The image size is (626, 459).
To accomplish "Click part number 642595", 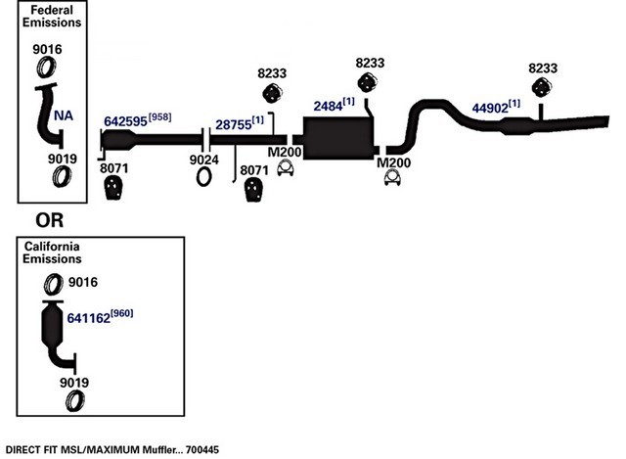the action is point(125,121).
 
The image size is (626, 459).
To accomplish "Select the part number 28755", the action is point(234,124).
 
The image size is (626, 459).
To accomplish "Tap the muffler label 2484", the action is point(328,107).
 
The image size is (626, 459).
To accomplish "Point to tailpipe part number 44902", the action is point(490,108).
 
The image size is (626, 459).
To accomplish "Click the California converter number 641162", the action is point(89,318).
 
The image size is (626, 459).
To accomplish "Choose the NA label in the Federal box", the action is point(64,115).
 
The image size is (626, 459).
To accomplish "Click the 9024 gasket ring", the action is point(203,177).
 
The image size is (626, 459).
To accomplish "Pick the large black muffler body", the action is point(338,138).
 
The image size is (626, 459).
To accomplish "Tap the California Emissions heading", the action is point(52,252).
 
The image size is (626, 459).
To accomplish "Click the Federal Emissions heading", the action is point(52,16).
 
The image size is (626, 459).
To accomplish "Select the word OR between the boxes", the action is point(50,220).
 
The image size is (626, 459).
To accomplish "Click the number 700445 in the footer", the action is point(202,450).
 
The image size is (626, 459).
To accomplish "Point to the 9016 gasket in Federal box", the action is point(46,68).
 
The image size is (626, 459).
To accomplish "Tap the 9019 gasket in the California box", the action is point(75,400).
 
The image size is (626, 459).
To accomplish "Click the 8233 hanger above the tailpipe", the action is point(542,87).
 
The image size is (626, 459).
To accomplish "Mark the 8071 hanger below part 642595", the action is point(113,188).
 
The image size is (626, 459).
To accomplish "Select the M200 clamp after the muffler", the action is point(392,178).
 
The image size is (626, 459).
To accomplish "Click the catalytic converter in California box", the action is point(52,323).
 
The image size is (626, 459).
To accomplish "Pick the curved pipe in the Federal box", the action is point(49,115).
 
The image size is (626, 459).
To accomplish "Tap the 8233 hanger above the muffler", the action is point(367,82).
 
